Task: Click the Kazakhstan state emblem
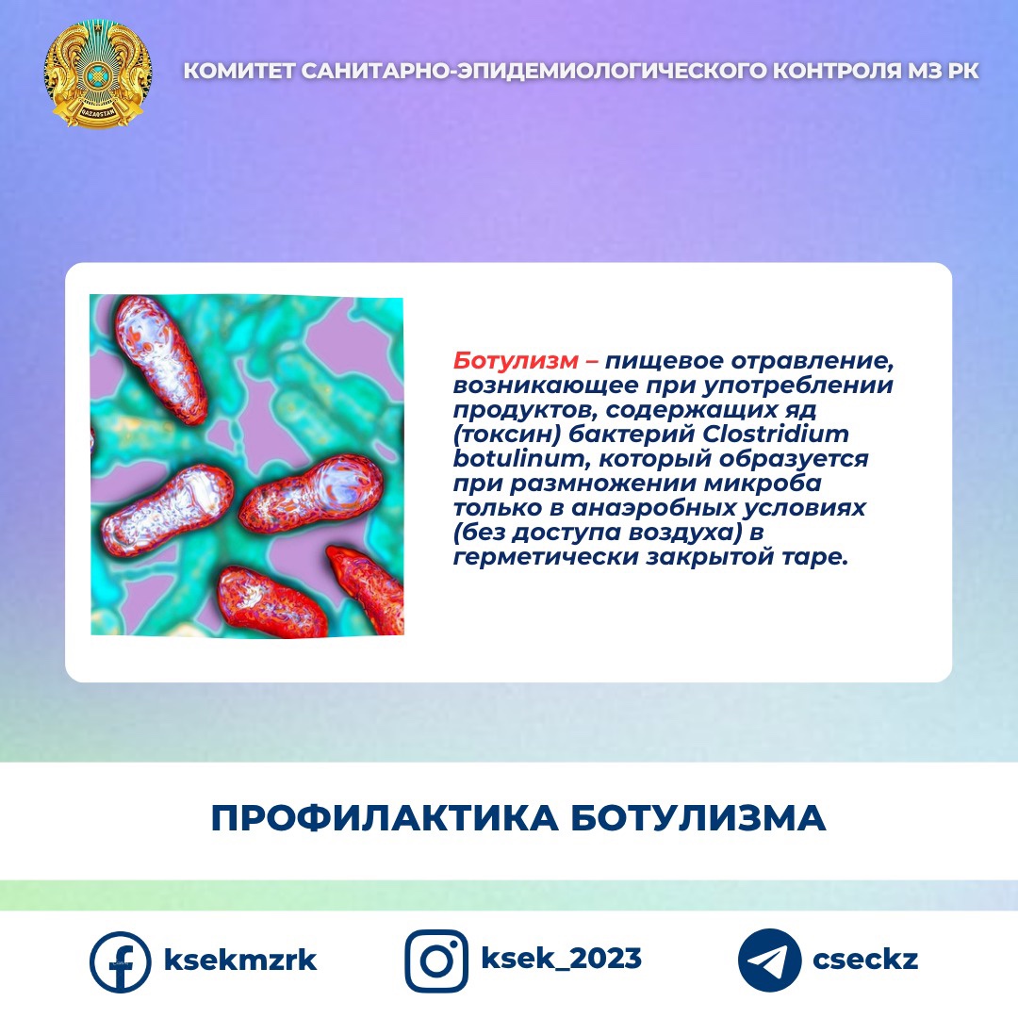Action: coord(98,74)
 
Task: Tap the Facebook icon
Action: coord(120,961)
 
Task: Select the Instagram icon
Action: coord(436,961)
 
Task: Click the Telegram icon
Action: coord(769,961)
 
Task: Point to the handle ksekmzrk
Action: coord(240,961)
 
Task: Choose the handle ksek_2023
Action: coord(561,959)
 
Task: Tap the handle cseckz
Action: coord(865,960)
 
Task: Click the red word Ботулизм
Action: coord(516,360)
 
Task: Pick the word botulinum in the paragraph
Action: coord(519,458)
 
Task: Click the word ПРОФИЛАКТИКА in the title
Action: coord(385,818)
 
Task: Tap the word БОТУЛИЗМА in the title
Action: coord(698,818)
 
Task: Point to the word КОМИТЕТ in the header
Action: coord(238,70)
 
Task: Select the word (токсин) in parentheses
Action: coord(506,435)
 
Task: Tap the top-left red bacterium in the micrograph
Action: coord(160,359)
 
